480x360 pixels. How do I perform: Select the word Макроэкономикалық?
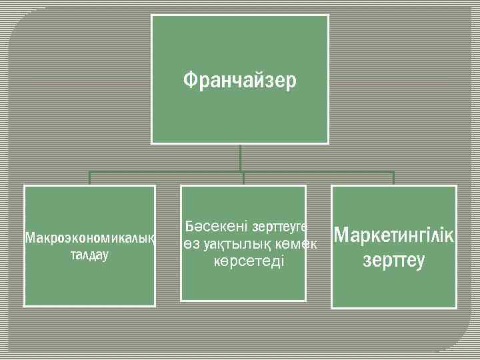click(x=90, y=238)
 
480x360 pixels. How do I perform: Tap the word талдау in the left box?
click(x=89, y=255)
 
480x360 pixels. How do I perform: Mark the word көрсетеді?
click(x=249, y=261)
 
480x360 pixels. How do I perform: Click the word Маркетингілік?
click(x=394, y=235)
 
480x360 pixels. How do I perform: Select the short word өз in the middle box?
click(x=191, y=245)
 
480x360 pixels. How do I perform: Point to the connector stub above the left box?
click(x=90, y=178)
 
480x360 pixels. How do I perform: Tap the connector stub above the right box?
click(x=394, y=178)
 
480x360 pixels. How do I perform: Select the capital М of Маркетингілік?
click(x=341, y=235)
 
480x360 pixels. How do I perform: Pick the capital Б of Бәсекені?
click(x=190, y=227)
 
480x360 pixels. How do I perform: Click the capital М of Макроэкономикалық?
click(x=29, y=238)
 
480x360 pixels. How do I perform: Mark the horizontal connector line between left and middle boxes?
click(x=167, y=172)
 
